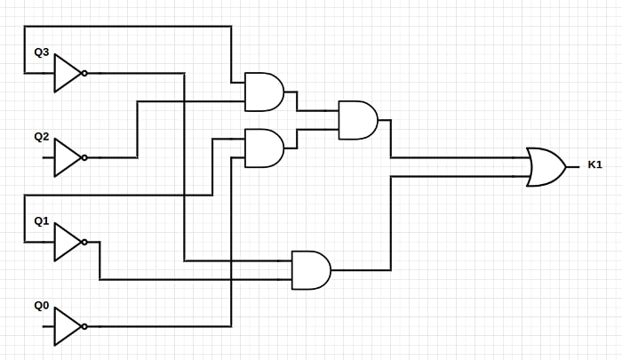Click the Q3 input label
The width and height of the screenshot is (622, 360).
[41, 52]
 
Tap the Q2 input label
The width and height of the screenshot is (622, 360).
[41, 137]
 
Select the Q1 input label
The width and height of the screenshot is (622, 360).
[41, 221]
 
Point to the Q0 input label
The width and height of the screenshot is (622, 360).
[41, 306]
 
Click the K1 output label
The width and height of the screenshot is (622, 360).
[594, 165]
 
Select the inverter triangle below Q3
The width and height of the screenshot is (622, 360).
[67, 73]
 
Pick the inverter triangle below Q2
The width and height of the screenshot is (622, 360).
[67, 157]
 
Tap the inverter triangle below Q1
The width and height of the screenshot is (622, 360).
[67, 242]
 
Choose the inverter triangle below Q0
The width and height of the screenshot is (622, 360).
[67, 326]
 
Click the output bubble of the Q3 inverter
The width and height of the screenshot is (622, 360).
[84, 73]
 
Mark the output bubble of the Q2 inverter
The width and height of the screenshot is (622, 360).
[84, 157]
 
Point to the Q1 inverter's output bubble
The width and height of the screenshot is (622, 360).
[84, 242]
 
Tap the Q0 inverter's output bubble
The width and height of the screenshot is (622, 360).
[84, 326]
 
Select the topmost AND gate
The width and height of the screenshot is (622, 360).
[264, 92]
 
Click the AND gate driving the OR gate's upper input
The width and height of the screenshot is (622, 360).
[357, 120]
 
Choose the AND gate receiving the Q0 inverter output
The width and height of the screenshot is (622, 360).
[264, 148]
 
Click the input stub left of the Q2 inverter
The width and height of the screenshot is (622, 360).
[48, 157]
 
